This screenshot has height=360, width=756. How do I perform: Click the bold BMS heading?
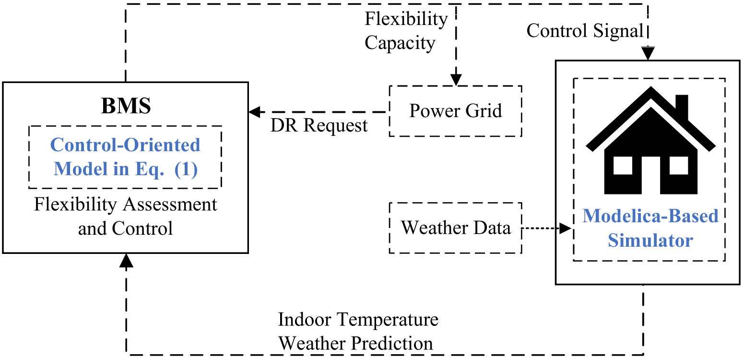pos(126,106)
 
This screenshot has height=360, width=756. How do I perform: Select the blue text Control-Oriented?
pos(125,145)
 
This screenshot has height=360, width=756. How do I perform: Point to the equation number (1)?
pos(186,169)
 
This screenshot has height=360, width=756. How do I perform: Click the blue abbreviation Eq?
pos(150,169)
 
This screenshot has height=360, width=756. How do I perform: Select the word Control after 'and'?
pos(142,228)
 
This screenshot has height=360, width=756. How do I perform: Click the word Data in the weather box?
pos(492,228)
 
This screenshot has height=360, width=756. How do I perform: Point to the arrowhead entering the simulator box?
pos(565,228)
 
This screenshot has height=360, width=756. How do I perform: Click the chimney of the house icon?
pos(682,106)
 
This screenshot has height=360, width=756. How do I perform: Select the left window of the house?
pos(623,166)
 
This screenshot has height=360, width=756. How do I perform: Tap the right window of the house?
pos(679,166)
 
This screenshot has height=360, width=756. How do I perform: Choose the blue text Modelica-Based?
pos(650,216)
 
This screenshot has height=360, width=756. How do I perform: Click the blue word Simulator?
pos(650,240)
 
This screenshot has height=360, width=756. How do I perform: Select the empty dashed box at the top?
pos(413,31)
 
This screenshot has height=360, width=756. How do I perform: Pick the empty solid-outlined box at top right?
pos(626,31)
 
